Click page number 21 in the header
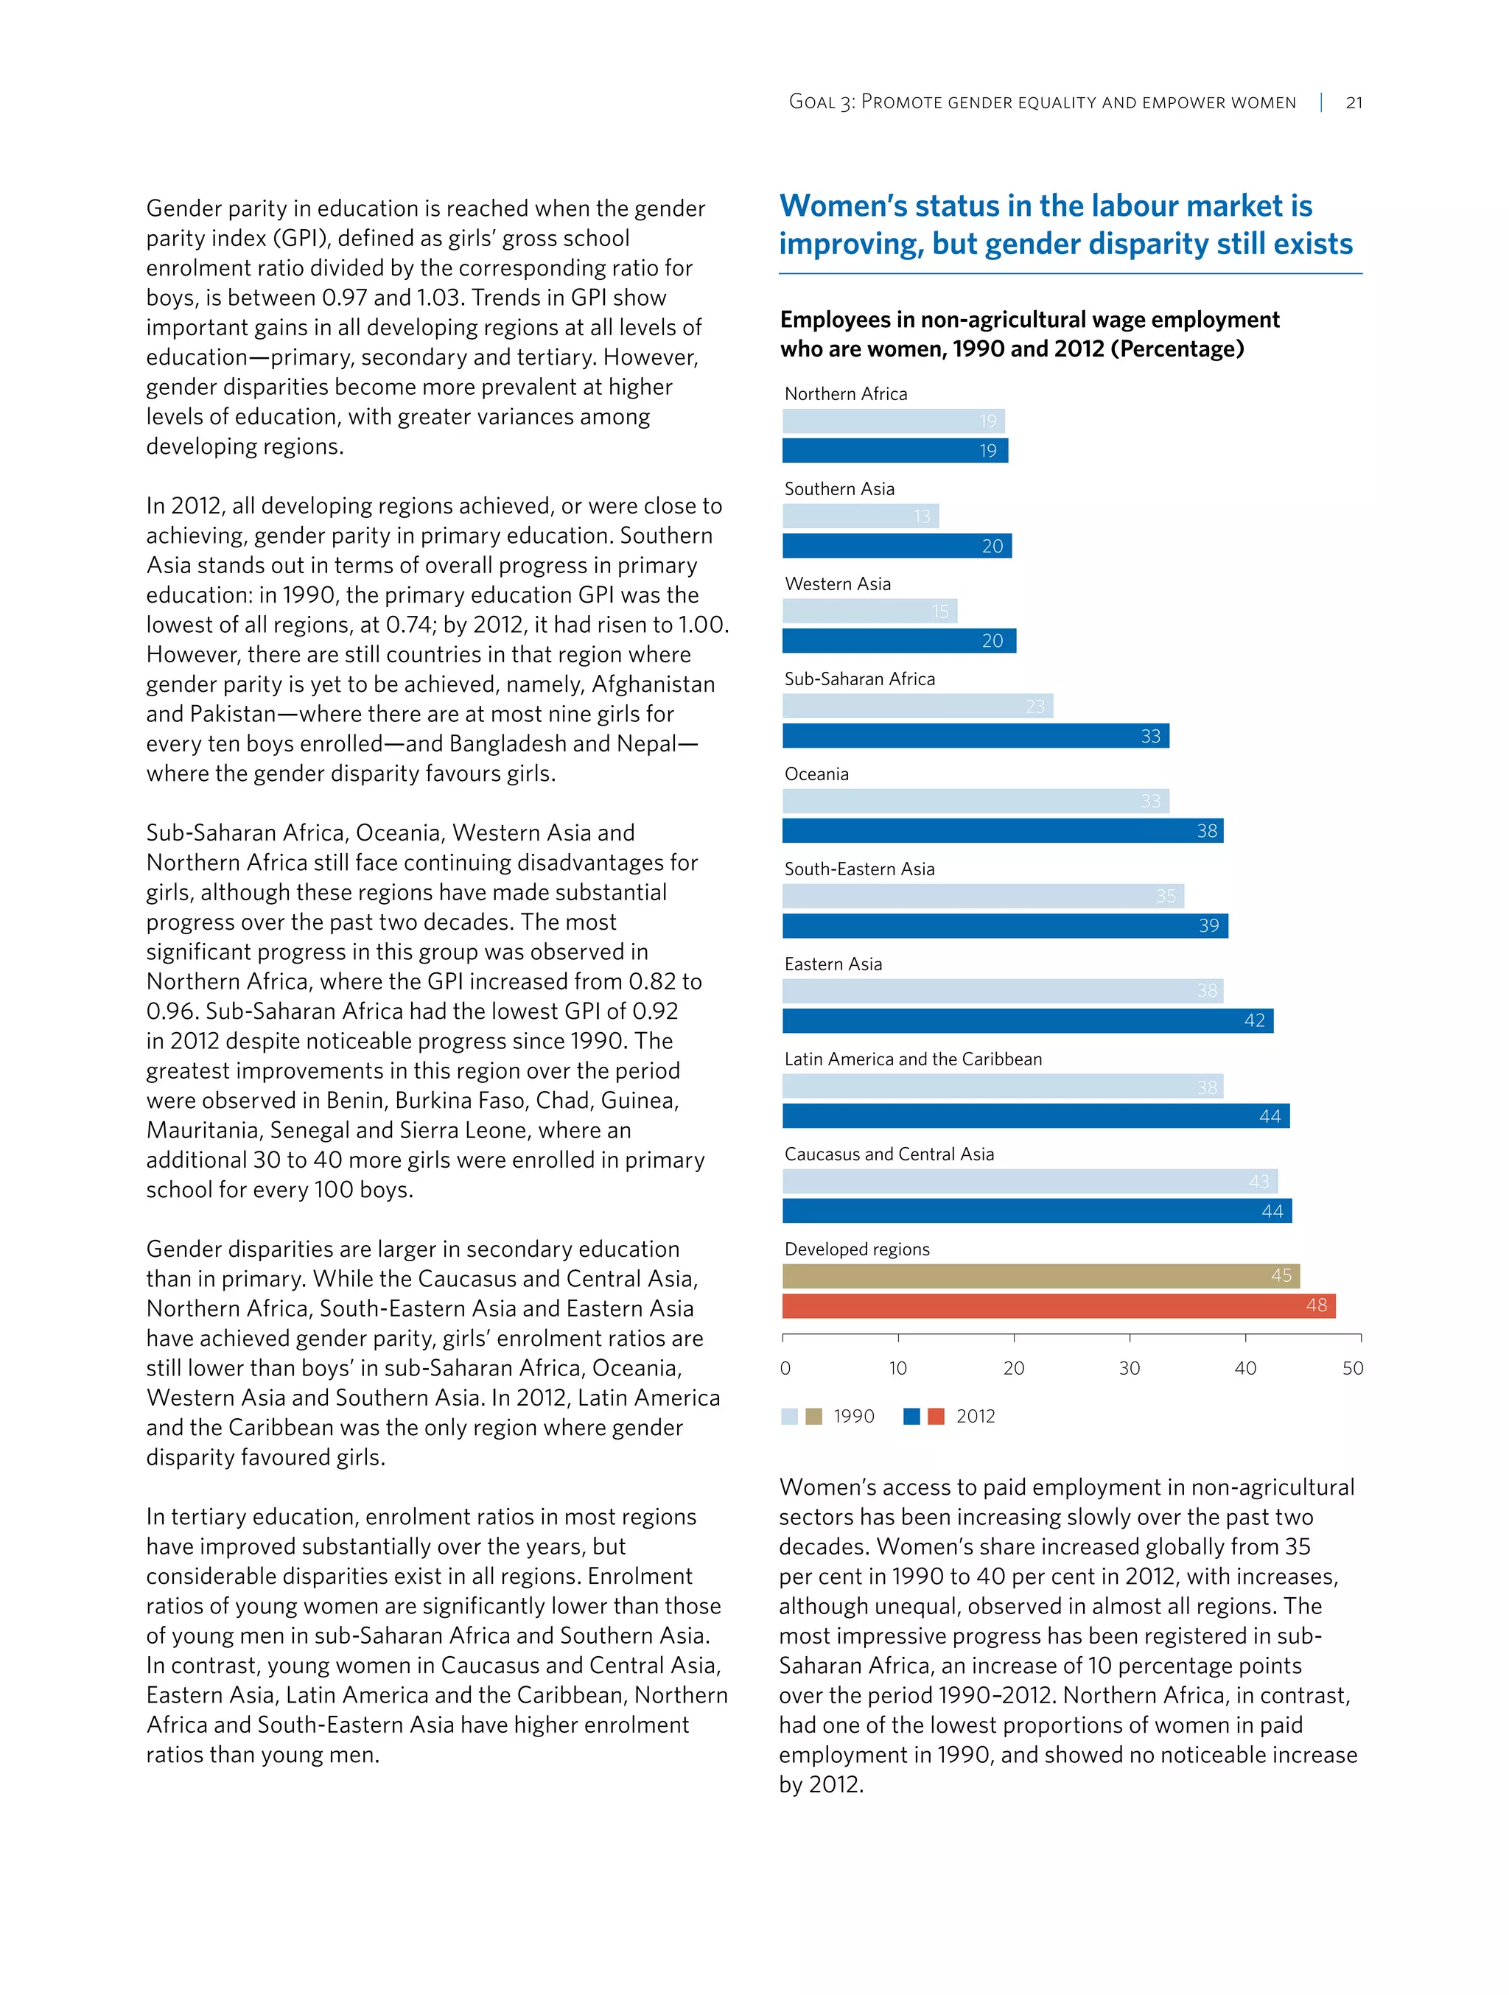1353,103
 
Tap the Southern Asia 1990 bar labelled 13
860,516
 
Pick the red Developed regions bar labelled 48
1058,1305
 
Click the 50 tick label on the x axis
1352,1368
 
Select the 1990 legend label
853,1416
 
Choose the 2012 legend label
975,1416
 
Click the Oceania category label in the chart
816,774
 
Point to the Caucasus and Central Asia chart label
889,1154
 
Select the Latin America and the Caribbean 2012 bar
1035,1115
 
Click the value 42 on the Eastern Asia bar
1254,1020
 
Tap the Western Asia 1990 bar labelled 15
869,611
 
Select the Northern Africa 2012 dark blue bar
894,450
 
